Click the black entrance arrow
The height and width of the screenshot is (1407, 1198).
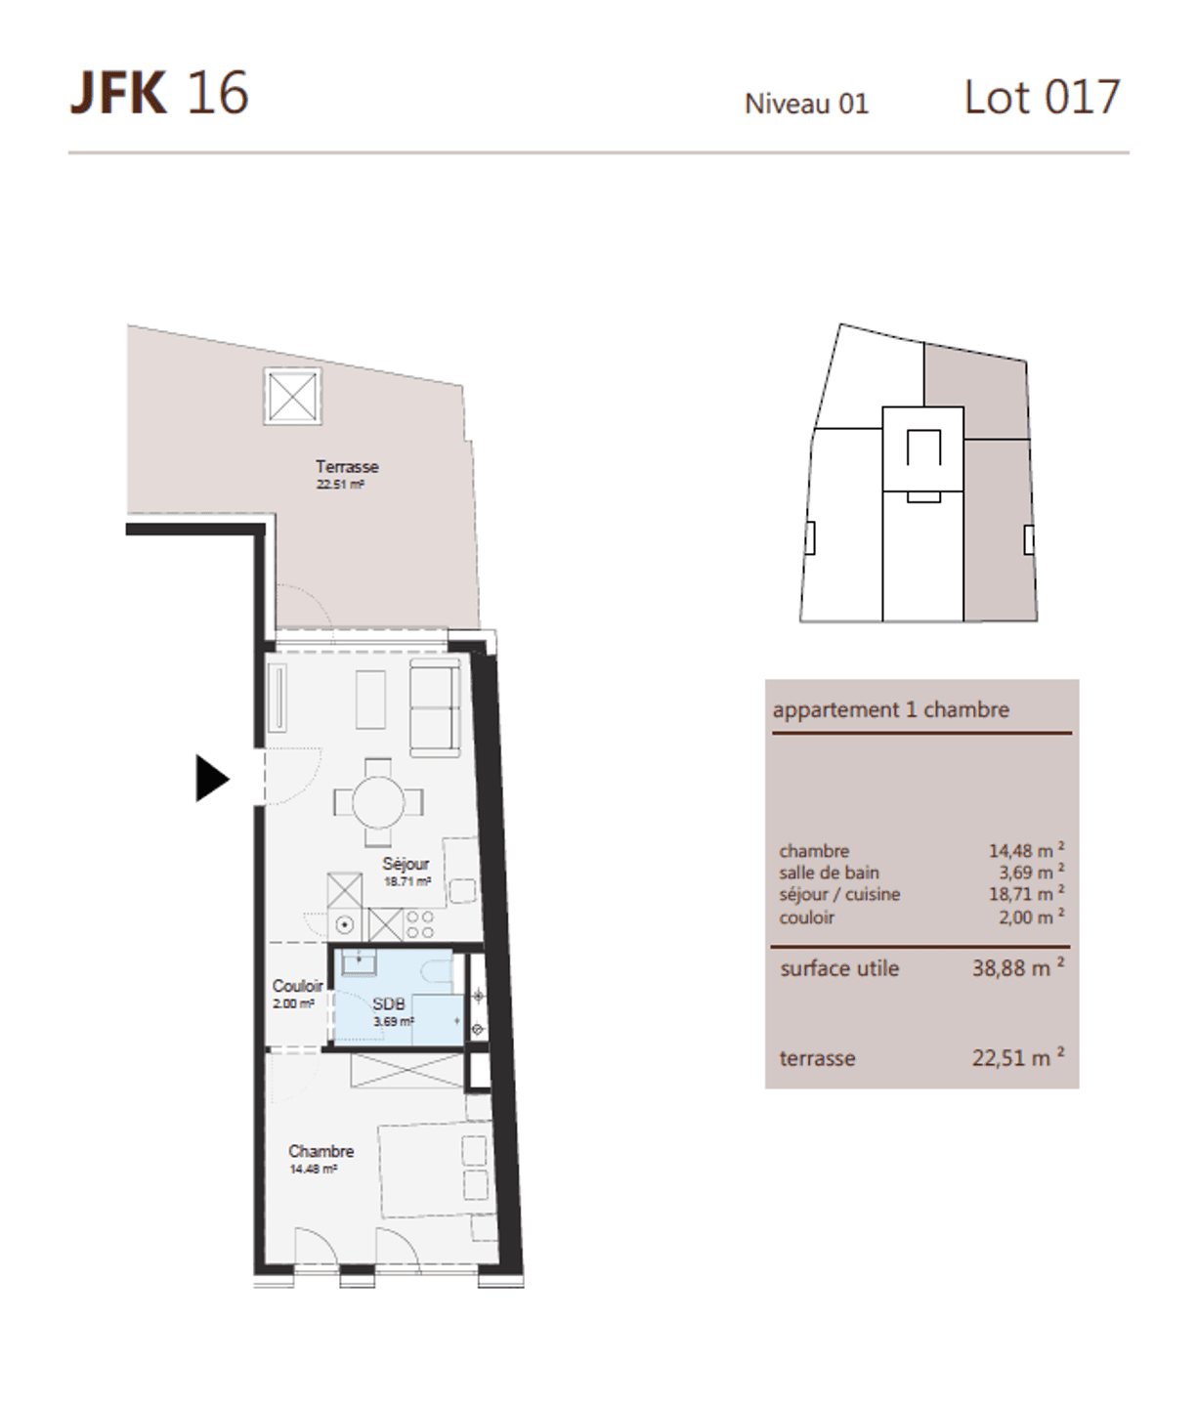coord(212,778)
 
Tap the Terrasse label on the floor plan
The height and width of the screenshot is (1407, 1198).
coord(347,467)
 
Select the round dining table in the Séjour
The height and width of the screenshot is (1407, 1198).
coord(378,801)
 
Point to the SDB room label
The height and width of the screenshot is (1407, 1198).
coord(389,1004)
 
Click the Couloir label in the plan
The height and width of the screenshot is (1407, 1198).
coord(297,986)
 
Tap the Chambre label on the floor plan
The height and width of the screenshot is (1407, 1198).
coord(321,1151)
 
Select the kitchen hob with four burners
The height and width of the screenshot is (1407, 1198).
coord(419,925)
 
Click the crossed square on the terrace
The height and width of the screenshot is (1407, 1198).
coord(293,396)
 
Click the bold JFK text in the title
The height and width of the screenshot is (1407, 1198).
coord(118,93)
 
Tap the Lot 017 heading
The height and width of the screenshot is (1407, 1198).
coord(1042,97)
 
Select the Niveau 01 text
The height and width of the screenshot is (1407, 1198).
coord(806,105)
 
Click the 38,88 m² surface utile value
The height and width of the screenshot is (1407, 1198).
coord(1018,967)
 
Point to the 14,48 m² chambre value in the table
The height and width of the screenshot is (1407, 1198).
coord(1026,849)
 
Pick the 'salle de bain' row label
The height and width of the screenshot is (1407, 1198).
coord(829,873)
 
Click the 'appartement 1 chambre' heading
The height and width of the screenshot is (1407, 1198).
coord(891,710)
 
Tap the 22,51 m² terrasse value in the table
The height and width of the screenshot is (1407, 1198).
coord(1018,1057)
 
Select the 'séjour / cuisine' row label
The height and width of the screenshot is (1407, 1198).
coord(840,894)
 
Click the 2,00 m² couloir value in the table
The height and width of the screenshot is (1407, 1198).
coord(1032,917)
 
